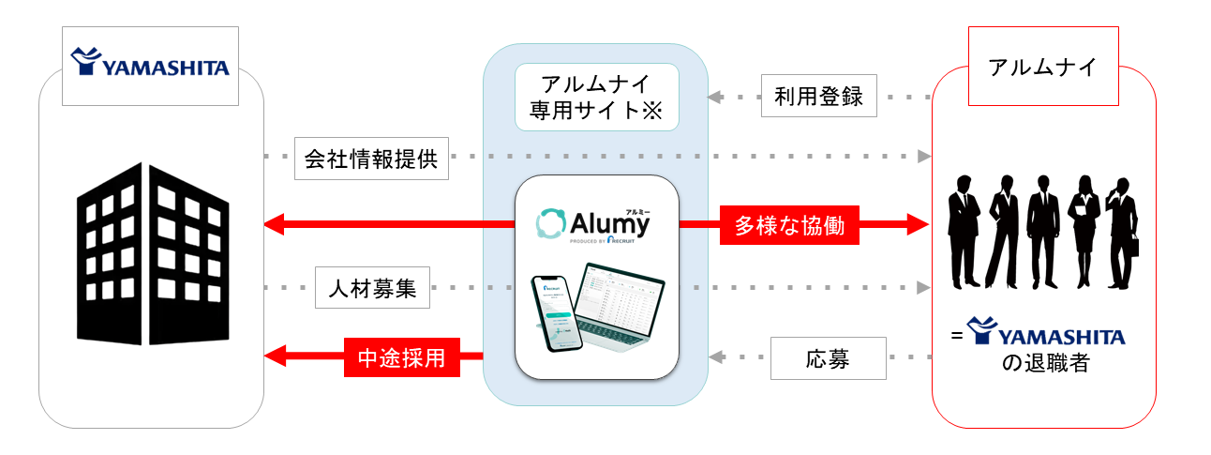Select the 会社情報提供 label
[371, 159]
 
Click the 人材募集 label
[372, 289]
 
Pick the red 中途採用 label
[402, 356]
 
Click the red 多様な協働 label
[788, 225]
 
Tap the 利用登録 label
[818, 96]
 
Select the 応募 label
[828, 358]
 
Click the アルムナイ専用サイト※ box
[595, 98]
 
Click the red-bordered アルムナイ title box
[1042, 68]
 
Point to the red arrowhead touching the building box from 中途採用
[275, 356]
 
